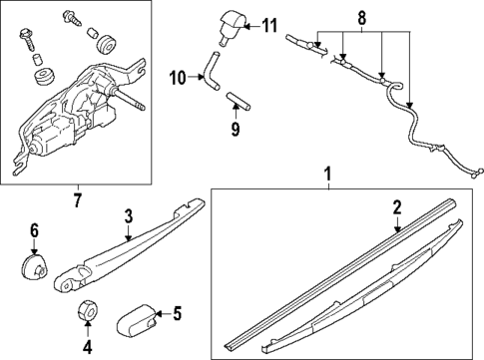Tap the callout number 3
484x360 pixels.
click(x=128, y=215)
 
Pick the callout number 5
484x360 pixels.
click(x=177, y=315)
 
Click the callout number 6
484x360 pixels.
click(x=33, y=232)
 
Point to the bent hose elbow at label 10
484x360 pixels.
click(x=211, y=74)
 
